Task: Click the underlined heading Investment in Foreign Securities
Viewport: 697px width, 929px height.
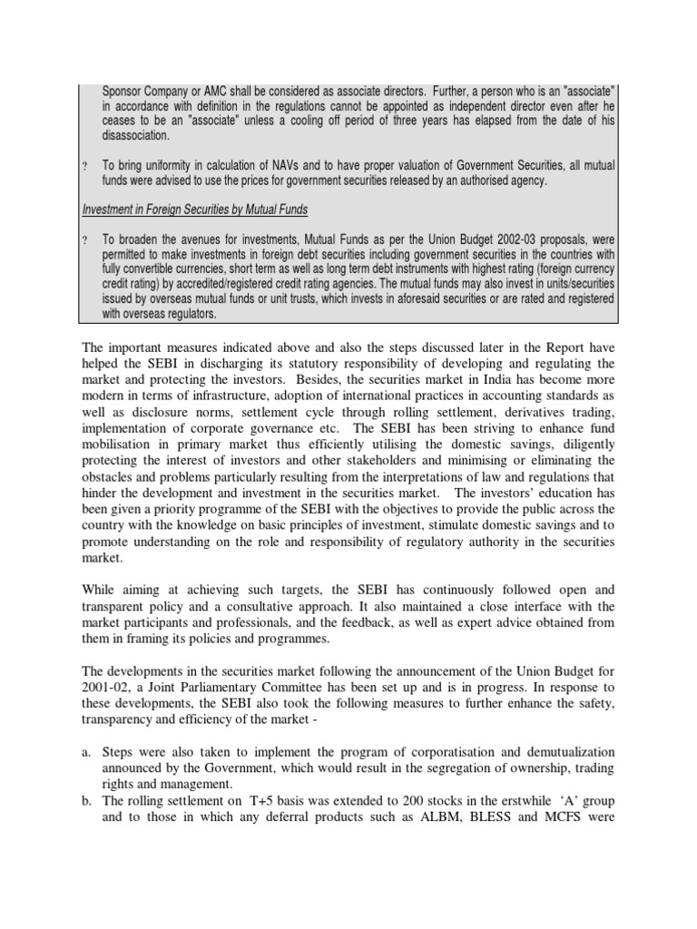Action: [x=194, y=210]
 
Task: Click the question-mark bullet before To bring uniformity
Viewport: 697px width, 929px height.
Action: [x=84, y=166]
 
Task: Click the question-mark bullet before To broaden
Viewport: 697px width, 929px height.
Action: [x=84, y=240]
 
